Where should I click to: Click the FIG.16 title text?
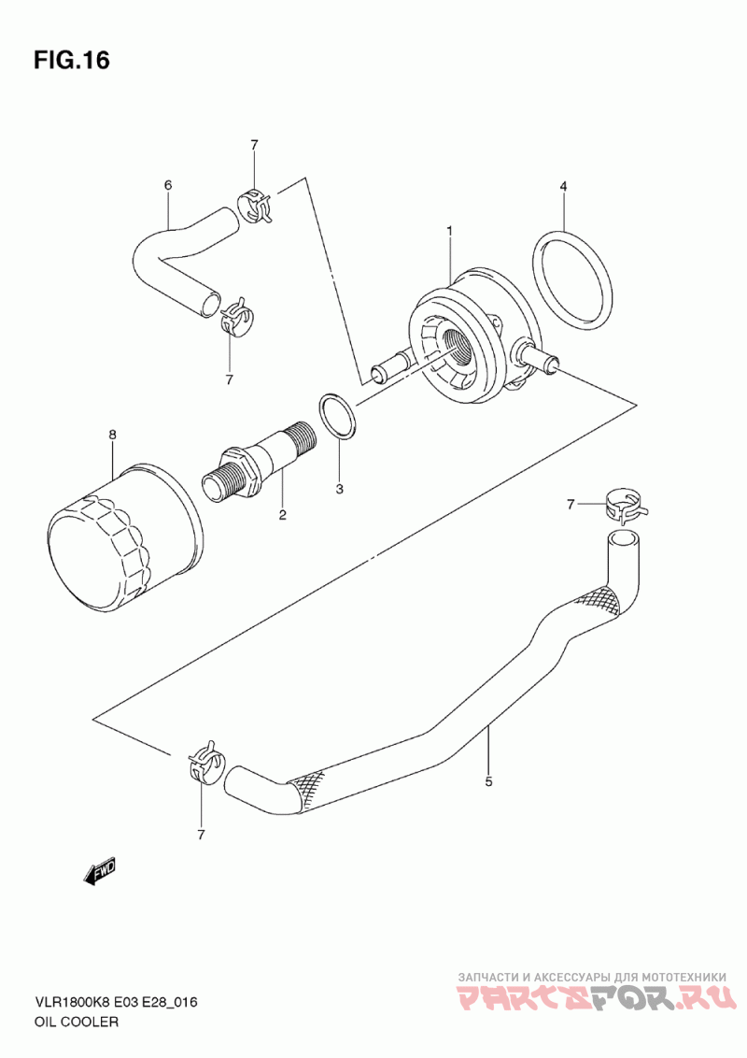click(71, 61)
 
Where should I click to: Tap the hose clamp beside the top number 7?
click(255, 205)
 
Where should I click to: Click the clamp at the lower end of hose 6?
click(234, 316)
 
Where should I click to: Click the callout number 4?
click(564, 186)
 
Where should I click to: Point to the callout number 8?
click(113, 436)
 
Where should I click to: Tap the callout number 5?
click(488, 781)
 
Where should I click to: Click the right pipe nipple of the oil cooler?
click(537, 355)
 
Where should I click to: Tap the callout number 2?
click(283, 516)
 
